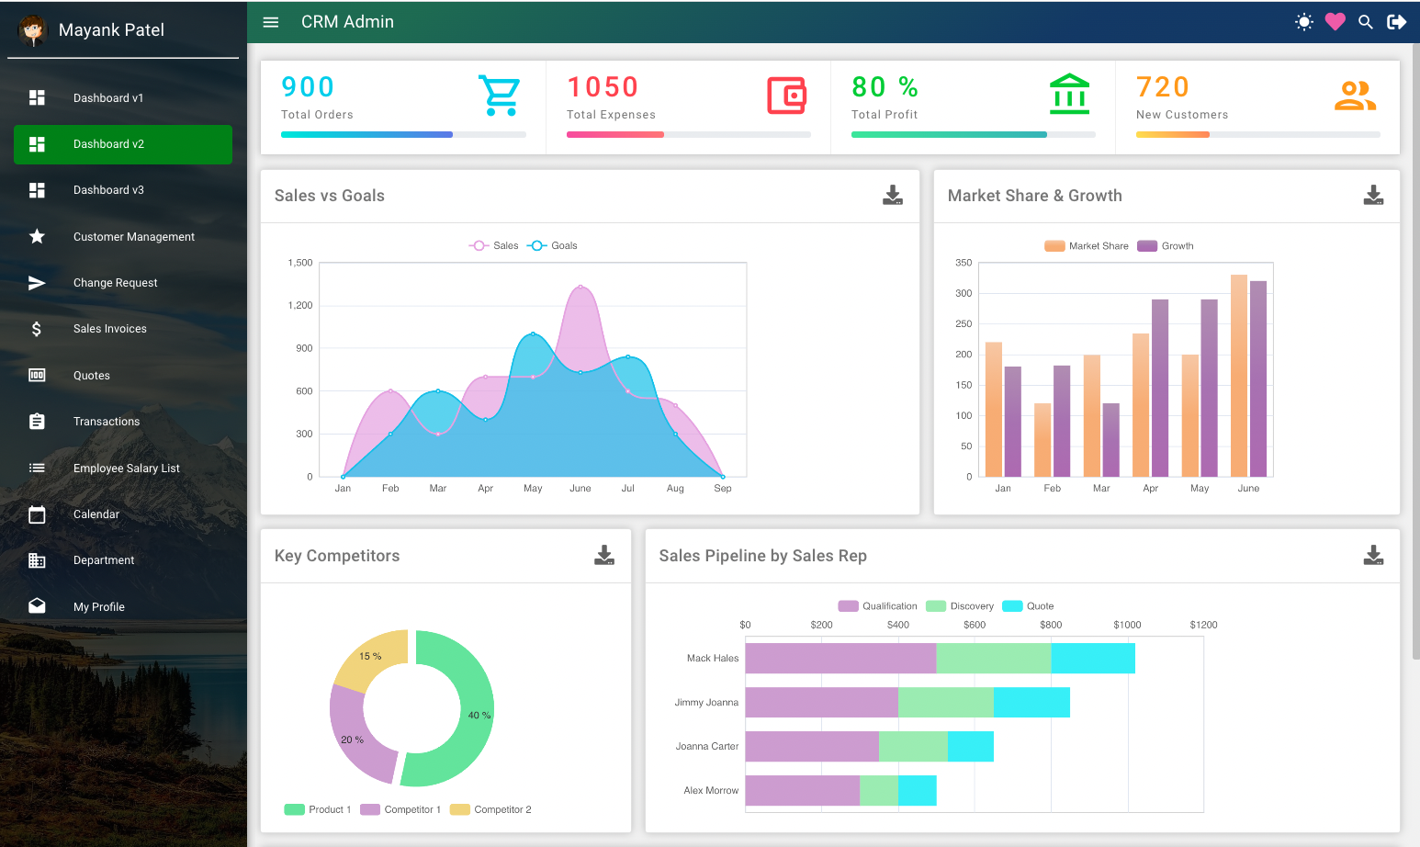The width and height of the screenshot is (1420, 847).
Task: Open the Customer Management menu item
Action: coord(133,237)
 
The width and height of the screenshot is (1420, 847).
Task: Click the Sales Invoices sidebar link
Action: coord(109,329)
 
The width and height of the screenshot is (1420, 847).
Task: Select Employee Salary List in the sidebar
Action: coord(126,469)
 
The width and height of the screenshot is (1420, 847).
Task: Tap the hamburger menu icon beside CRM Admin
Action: coord(271,22)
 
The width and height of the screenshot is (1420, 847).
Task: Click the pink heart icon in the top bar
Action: coord(1335,22)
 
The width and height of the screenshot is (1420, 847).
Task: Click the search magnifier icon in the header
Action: coord(1366,22)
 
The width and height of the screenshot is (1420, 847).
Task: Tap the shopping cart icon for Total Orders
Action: coord(499,96)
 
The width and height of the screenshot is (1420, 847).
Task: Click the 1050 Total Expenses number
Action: coord(603,87)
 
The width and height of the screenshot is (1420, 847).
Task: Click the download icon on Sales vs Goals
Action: coord(892,195)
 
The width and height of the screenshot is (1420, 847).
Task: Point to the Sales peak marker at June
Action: coord(580,287)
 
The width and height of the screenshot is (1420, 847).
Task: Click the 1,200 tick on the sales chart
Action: coord(300,305)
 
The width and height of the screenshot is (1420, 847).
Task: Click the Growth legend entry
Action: coord(1166,246)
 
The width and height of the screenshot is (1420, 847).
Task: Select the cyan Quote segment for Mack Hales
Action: coord(1093,659)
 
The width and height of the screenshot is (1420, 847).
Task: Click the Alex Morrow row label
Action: coord(711,791)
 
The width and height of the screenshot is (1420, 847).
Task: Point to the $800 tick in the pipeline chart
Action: coord(1051,625)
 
